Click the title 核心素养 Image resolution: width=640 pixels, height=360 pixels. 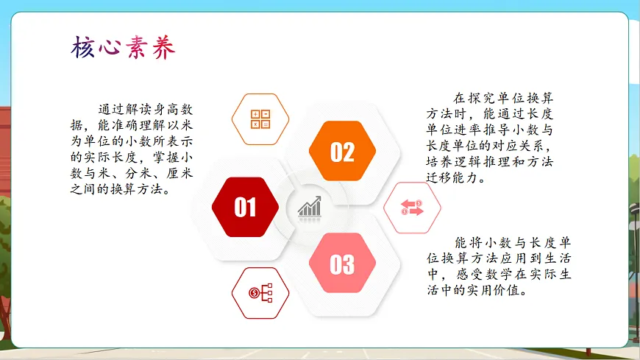tap(124, 48)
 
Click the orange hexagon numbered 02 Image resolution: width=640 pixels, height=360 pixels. tap(342, 152)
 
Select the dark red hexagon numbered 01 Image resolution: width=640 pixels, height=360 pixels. tap(245, 208)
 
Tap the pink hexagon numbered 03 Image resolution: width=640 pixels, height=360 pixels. tap(342, 264)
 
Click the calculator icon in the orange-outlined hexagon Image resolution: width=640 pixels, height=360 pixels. tap(260, 119)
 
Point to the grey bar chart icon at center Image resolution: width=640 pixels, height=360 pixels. tap(310, 207)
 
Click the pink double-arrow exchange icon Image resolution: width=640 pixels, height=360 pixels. tap(412, 208)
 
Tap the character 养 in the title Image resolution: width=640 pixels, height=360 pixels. tap(164, 48)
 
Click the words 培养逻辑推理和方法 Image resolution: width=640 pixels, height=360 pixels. tap(489, 162)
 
